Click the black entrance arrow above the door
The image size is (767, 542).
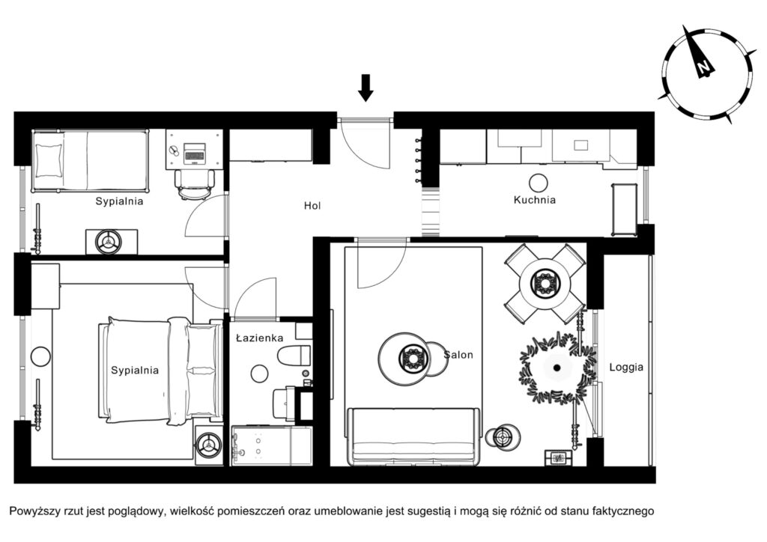tap(366, 88)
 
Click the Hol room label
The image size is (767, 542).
tap(312, 206)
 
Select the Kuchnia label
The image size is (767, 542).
tap(535, 199)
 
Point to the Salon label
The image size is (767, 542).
tap(458, 355)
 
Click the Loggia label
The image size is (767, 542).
tap(626, 367)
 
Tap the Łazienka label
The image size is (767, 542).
tap(259, 338)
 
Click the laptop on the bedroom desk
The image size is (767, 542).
tap(195, 153)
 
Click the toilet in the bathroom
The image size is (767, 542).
tap(294, 355)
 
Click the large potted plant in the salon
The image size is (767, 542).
tap(557, 368)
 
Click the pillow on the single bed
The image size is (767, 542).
tap(48, 159)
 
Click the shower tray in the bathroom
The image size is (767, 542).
tap(271, 445)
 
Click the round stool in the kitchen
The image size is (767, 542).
tap(538, 183)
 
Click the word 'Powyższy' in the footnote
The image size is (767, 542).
tap(34, 512)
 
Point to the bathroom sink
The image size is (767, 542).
tap(283, 402)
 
